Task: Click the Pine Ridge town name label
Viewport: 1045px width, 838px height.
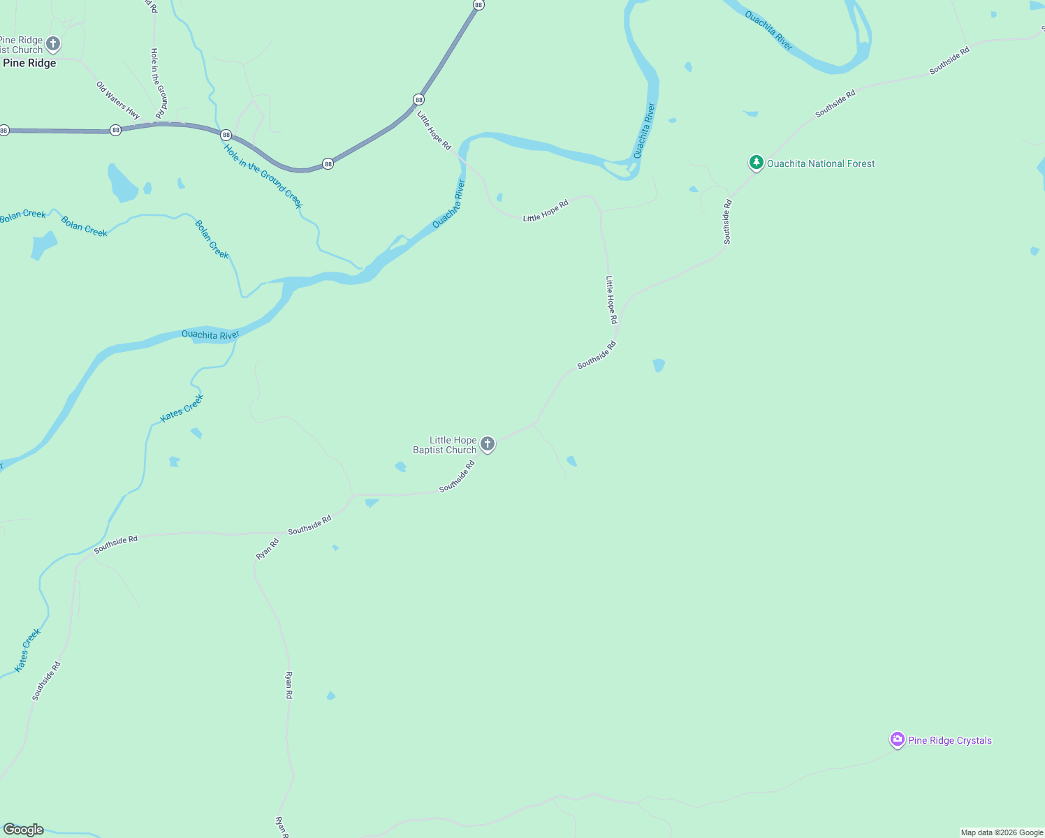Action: tap(29, 63)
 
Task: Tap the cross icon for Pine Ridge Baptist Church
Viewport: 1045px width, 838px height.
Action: tap(52, 44)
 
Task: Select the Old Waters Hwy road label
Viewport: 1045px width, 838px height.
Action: tap(118, 100)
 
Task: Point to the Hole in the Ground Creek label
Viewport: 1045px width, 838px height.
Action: tap(263, 176)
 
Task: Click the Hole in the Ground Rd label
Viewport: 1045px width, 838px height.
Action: tap(159, 82)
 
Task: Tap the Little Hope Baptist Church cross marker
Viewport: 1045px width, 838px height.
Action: tap(488, 443)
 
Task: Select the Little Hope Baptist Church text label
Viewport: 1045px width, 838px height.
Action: tap(445, 445)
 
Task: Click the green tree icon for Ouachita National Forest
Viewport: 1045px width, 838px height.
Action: tap(756, 163)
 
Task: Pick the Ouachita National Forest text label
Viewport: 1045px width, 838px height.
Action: tap(821, 163)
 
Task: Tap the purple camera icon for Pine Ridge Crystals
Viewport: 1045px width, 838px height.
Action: tap(898, 740)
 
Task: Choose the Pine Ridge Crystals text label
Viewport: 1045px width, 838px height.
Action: tap(950, 740)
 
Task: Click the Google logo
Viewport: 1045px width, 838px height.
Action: tap(24, 830)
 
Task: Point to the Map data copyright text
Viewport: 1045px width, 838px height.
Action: tap(1002, 832)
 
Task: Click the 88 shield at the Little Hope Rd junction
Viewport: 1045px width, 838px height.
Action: tap(418, 99)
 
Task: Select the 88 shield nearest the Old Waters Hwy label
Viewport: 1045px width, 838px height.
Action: tap(115, 130)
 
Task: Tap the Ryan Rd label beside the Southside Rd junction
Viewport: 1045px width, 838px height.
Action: tap(268, 548)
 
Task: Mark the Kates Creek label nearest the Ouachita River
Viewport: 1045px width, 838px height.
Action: tap(182, 408)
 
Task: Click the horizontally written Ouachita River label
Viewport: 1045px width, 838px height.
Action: tap(210, 335)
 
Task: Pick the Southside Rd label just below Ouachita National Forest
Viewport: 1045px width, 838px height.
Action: tap(727, 222)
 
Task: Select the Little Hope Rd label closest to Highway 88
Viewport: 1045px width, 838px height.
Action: tap(434, 130)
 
